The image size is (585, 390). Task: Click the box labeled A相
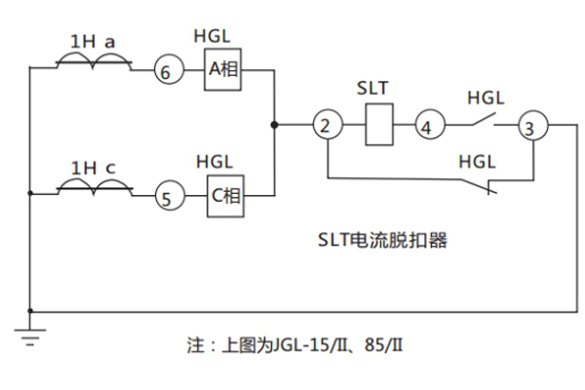(x=222, y=68)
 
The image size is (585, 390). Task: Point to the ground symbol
(x=29, y=337)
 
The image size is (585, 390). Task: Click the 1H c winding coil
(x=93, y=189)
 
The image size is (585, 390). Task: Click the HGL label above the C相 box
(x=214, y=160)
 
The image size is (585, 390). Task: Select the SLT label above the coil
(x=372, y=89)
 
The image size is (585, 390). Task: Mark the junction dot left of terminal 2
(x=275, y=125)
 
